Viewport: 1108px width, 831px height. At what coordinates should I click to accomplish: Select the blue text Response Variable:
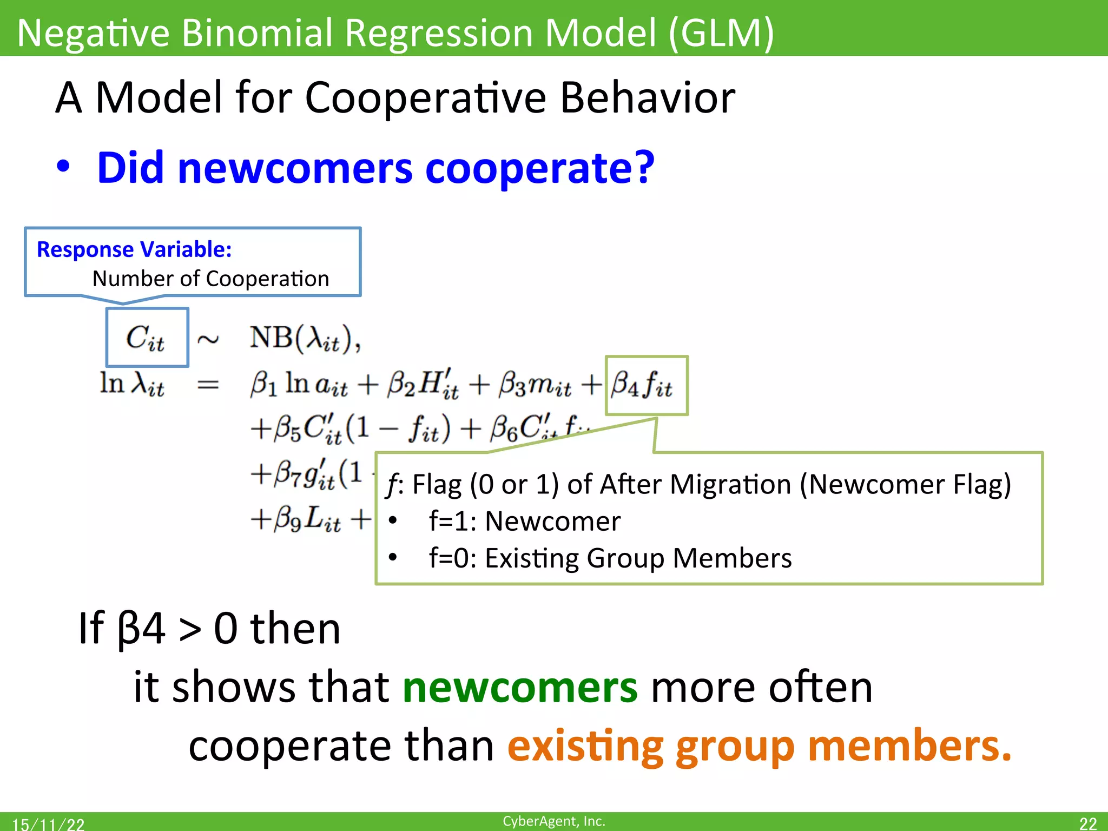134,249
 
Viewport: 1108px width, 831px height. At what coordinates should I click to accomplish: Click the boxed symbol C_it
146,338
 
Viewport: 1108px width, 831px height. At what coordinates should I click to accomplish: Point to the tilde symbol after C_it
208,340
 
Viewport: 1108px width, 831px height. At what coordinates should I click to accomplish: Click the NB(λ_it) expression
305,339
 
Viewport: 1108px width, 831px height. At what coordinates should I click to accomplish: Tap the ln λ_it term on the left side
132,384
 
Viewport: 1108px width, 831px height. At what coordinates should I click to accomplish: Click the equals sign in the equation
208,385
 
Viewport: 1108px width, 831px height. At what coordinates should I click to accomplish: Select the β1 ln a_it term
298,385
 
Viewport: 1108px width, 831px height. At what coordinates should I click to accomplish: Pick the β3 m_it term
535,385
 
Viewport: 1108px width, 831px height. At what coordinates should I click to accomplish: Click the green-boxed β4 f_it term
643,385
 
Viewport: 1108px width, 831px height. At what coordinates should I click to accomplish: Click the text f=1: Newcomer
524,522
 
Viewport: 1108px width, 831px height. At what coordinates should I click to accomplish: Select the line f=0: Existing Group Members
610,558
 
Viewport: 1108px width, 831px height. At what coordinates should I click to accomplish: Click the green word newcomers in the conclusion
520,688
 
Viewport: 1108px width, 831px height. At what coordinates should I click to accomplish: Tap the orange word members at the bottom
909,746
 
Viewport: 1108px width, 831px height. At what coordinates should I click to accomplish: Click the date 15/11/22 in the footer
48,824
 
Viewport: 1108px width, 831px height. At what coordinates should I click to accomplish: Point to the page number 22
1087,823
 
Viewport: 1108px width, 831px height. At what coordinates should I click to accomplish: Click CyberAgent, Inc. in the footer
553,821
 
